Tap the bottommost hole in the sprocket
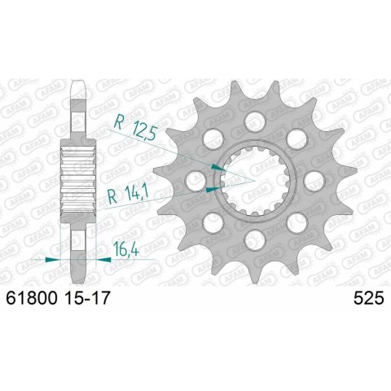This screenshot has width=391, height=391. [253, 242]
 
